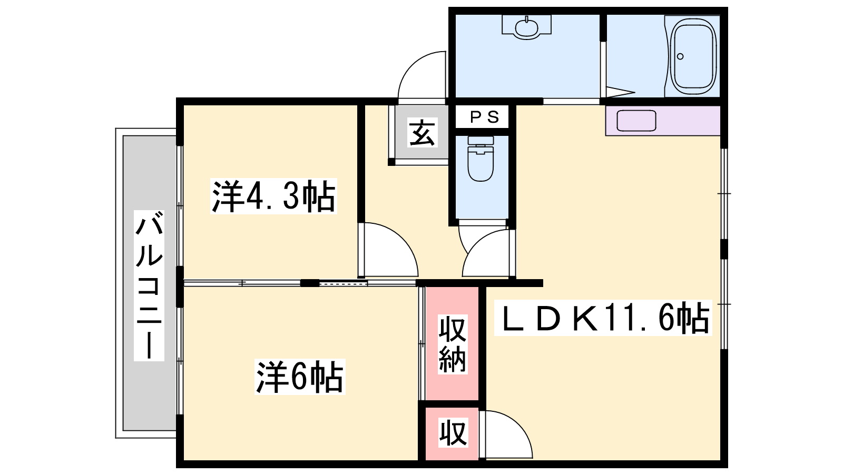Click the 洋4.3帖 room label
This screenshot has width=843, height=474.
(x=273, y=197)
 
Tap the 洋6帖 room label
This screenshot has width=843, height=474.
(x=300, y=377)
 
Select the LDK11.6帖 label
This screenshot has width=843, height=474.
(x=603, y=318)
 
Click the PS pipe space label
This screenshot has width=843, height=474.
(x=485, y=117)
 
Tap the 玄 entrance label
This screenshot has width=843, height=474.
(x=422, y=132)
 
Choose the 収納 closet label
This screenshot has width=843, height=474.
(x=453, y=344)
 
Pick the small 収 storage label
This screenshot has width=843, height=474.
(x=453, y=432)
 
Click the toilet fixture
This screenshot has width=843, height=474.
(x=481, y=159)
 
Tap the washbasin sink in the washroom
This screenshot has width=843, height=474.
(x=526, y=27)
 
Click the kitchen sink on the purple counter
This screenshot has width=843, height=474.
(x=636, y=121)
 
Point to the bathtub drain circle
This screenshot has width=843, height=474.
(x=680, y=56)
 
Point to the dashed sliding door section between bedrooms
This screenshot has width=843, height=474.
(x=343, y=283)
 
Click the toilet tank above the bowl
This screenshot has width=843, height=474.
(x=481, y=140)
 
